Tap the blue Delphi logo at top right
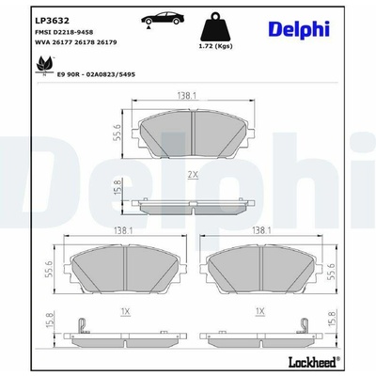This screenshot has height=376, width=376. click(x=299, y=30)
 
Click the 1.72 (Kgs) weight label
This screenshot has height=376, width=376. click(x=215, y=46)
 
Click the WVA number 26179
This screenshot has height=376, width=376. click(x=108, y=42)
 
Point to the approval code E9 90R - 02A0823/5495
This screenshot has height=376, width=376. click(x=96, y=74)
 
